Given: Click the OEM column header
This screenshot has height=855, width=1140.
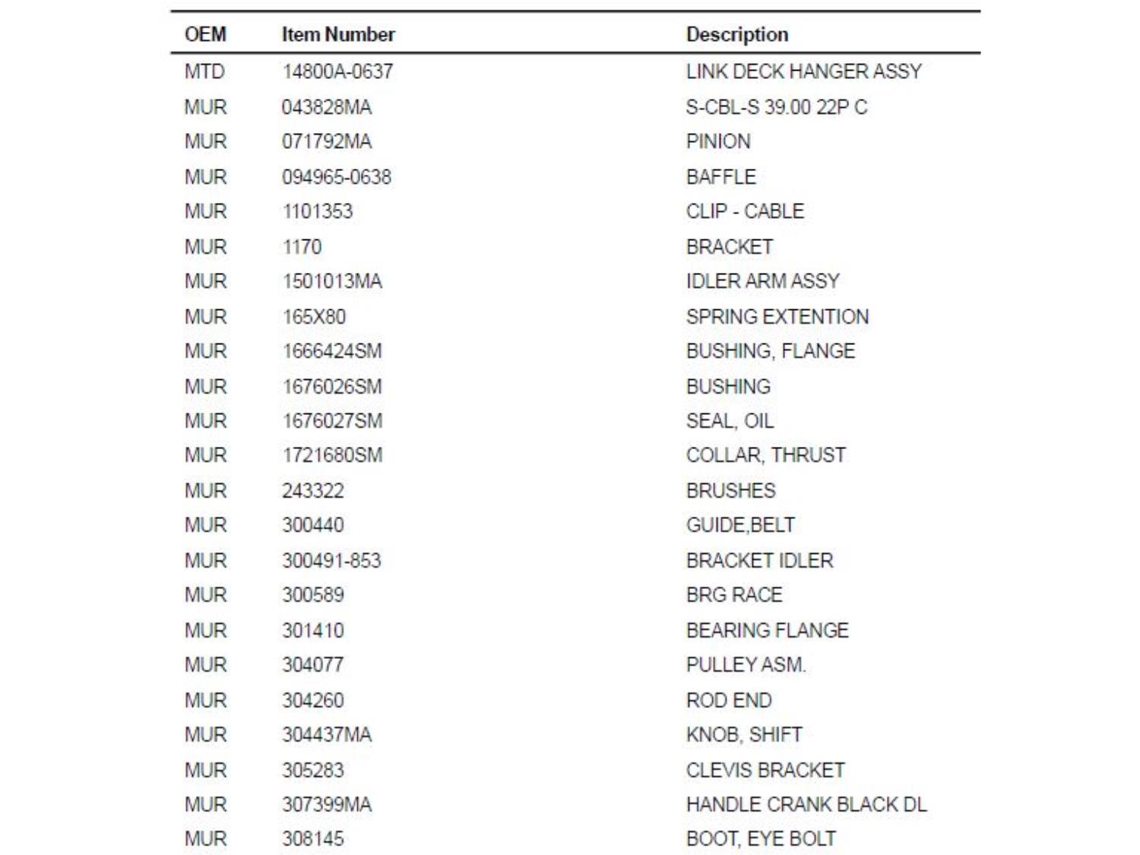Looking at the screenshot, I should (x=205, y=34).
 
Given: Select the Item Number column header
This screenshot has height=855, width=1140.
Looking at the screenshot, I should (x=338, y=34).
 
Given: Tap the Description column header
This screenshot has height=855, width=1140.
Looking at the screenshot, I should (x=736, y=34).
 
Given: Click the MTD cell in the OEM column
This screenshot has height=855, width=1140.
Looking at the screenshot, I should (x=204, y=71).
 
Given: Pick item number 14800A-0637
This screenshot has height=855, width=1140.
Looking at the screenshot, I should (x=337, y=71).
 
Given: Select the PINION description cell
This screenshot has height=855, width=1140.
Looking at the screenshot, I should (x=717, y=141).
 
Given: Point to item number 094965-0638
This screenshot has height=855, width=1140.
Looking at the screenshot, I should (x=337, y=177).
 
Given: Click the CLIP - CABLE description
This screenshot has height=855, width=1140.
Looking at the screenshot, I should (x=745, y=211).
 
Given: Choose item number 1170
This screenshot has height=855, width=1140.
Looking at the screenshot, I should (x=302, y=247).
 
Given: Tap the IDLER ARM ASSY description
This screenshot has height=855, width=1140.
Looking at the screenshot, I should (x=762, y=281).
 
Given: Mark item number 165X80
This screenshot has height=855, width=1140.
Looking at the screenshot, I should (x=314, y=316).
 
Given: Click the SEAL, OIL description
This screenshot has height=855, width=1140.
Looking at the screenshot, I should (x=730, y=421).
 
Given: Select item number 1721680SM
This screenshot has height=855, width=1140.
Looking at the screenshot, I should (x=332, y=455).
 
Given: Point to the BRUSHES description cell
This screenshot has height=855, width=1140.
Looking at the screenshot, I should (x=730, y=491).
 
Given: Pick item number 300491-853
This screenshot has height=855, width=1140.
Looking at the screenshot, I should (x=331, y=561).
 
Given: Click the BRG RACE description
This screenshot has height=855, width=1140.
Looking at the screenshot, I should (x=733, y=595).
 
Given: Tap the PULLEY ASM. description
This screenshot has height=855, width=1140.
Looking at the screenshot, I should (x=746, y=665).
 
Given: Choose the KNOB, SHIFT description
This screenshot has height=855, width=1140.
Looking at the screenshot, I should (x=744, y=735).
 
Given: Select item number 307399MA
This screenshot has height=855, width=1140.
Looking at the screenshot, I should (x=327, y=805).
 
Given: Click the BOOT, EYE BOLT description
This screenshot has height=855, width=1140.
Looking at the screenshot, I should (x=761, y=839).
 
